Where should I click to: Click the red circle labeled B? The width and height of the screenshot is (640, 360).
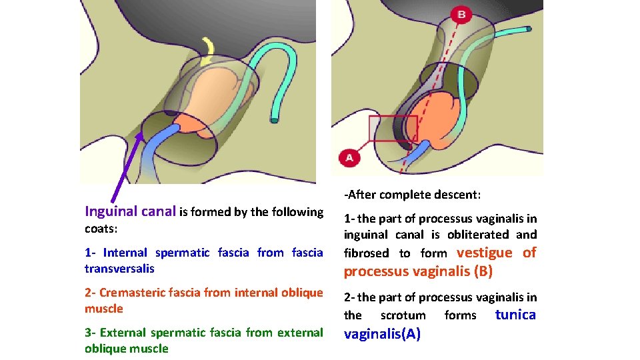click(461, 14)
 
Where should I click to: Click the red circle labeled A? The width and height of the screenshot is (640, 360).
click(349, 158)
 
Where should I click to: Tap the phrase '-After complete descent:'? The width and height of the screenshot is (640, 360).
click(412, 195)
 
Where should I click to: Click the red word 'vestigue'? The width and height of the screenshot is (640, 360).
click(485, 253)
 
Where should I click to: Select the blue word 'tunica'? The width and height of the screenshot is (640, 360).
click(515, 315)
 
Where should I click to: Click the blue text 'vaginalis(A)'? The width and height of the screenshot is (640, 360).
click(382, 334)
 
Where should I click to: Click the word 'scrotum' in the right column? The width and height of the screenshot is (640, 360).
click(403, 315)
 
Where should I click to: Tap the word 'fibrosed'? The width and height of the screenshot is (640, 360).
click(366, 253)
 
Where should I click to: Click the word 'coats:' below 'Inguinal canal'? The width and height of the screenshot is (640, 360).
click(101, 229)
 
